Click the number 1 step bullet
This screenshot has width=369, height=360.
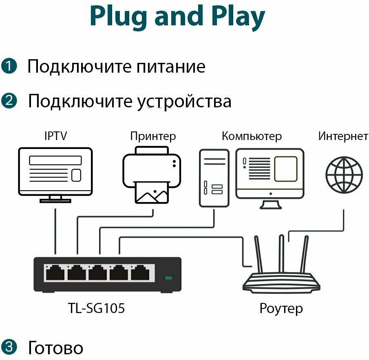click(x=9, y=66)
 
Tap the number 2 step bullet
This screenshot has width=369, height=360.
click(x=9, y=101)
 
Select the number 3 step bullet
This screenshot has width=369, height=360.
click(x=9, y=347)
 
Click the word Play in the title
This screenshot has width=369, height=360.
click(x=232, y=16)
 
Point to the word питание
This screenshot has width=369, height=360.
click(x=171, y=67)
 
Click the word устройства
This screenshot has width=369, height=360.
click(x=182, y=101)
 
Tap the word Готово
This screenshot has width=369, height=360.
click(x=55, y=348)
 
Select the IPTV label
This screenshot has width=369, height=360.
click(x=55, y=136)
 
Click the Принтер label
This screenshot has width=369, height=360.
click(x=153, y=136)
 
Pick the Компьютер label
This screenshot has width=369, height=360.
click(x=252, y=136)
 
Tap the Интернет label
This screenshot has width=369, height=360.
click(x=343, y=136)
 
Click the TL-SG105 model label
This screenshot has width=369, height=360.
click(x=97, y=309)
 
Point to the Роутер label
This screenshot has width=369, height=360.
click(x=281, y=309)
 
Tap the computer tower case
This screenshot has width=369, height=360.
click(x=213, y=178)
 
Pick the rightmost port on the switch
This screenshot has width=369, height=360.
click(x=140, y=273)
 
